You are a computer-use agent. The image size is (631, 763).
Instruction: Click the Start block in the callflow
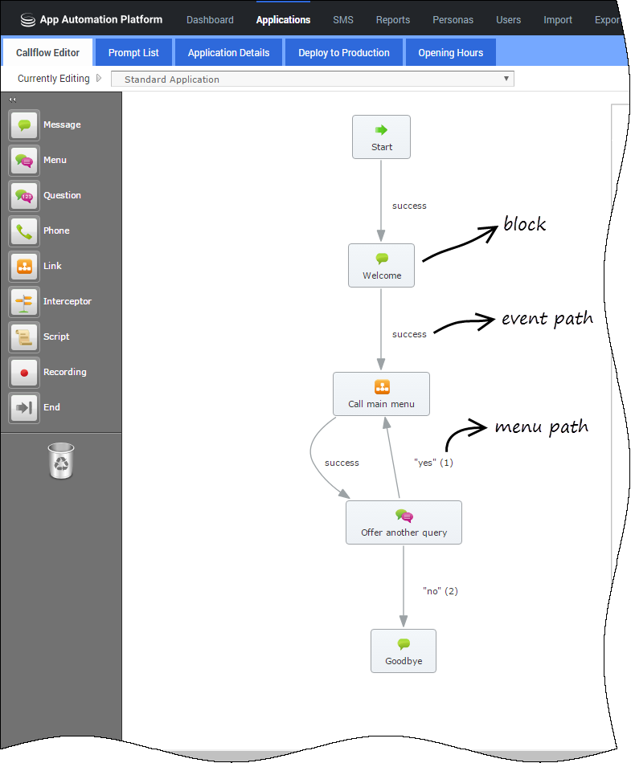click(381, 137)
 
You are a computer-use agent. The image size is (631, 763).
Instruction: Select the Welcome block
click(381, 265)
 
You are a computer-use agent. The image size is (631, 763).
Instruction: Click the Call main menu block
click(381, 394)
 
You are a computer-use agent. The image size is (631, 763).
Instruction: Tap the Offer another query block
click(404, 522)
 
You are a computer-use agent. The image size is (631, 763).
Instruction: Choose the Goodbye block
click(404, 651)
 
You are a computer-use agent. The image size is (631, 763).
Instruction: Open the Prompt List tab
click(133, 52)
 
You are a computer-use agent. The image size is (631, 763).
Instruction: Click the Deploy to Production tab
click(344, 52)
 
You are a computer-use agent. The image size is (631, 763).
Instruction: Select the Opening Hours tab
click(450, 52)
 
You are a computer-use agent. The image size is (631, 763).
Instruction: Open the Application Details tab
click(228, 52)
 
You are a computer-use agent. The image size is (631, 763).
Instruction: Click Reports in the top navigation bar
click(393, 20)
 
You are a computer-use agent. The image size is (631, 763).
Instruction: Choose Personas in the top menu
click(453, 20)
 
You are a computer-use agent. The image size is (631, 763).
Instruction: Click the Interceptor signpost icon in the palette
click(24, 302)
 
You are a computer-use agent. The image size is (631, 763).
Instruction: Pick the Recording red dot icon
click(24, 372)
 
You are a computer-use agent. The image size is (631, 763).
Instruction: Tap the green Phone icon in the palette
click(24, 231)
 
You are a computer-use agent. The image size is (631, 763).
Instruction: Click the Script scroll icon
click(24, 337)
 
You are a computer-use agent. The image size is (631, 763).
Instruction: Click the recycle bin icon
click(61, 460)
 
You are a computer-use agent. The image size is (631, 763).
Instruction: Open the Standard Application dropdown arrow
click(506, 79)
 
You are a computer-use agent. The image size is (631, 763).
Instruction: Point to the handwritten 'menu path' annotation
click(542, 427)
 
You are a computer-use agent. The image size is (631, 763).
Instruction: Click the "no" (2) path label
click(440, 591)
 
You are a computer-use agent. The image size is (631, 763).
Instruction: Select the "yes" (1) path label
click(433, 463)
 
